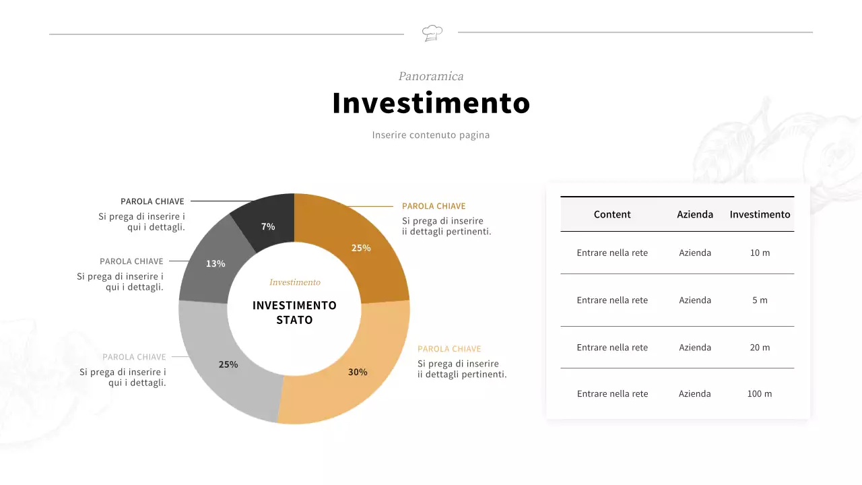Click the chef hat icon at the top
point(432,32)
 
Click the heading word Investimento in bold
point(431,103)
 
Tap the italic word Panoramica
point(431,76)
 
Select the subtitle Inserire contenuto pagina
point(431,135)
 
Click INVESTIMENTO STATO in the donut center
point(294,313)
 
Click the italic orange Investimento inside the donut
point(295,282)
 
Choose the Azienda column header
point(695,214)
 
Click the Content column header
point(612,214)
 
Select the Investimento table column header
point(760,214)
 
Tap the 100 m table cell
point(760,394)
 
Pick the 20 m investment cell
point(760,348)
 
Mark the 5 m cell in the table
point(760,300)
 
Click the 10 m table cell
point(760,253)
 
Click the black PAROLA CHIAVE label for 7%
point(152,201)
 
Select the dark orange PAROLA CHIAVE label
point(434,206)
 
